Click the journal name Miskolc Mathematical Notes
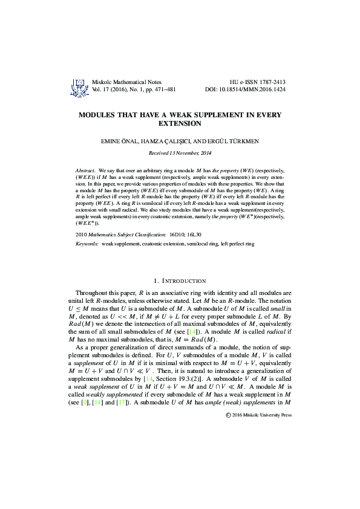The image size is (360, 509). [122, 82]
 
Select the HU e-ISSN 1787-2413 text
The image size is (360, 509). [258, 82]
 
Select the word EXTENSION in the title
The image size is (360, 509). [180, 123]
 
